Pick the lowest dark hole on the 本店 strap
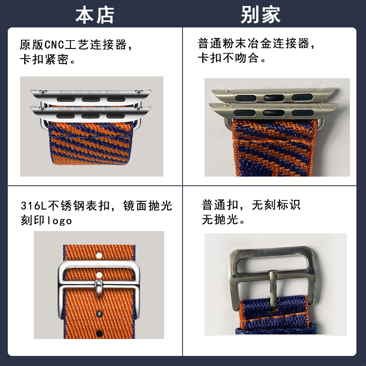(x=98, y=328)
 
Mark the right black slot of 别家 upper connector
(x=300, y=97)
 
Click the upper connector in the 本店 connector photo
(x=91, y=95)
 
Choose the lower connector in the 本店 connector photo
(x=91, y=111)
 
